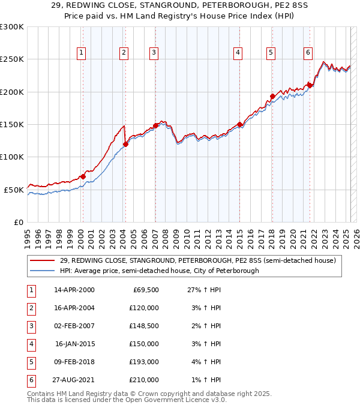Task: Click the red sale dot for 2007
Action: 155,125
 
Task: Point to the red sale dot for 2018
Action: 272,96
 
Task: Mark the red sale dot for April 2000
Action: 83,176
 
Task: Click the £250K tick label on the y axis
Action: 12,59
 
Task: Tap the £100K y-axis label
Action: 12,157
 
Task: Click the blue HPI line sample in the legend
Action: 42,271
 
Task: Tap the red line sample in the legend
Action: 42,260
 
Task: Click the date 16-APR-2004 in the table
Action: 74,308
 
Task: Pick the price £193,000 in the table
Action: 144,362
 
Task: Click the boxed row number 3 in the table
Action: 30,326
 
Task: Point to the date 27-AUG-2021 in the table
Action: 74,380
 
